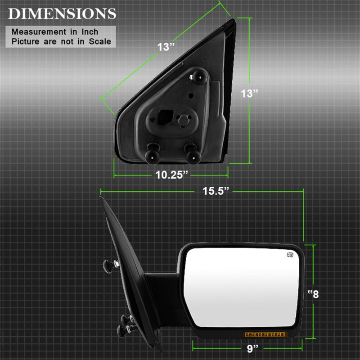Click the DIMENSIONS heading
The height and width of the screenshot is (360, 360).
62,13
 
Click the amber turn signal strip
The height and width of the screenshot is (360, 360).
265,334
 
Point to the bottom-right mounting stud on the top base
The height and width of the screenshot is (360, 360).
192,153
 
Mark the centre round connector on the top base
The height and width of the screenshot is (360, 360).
183,121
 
